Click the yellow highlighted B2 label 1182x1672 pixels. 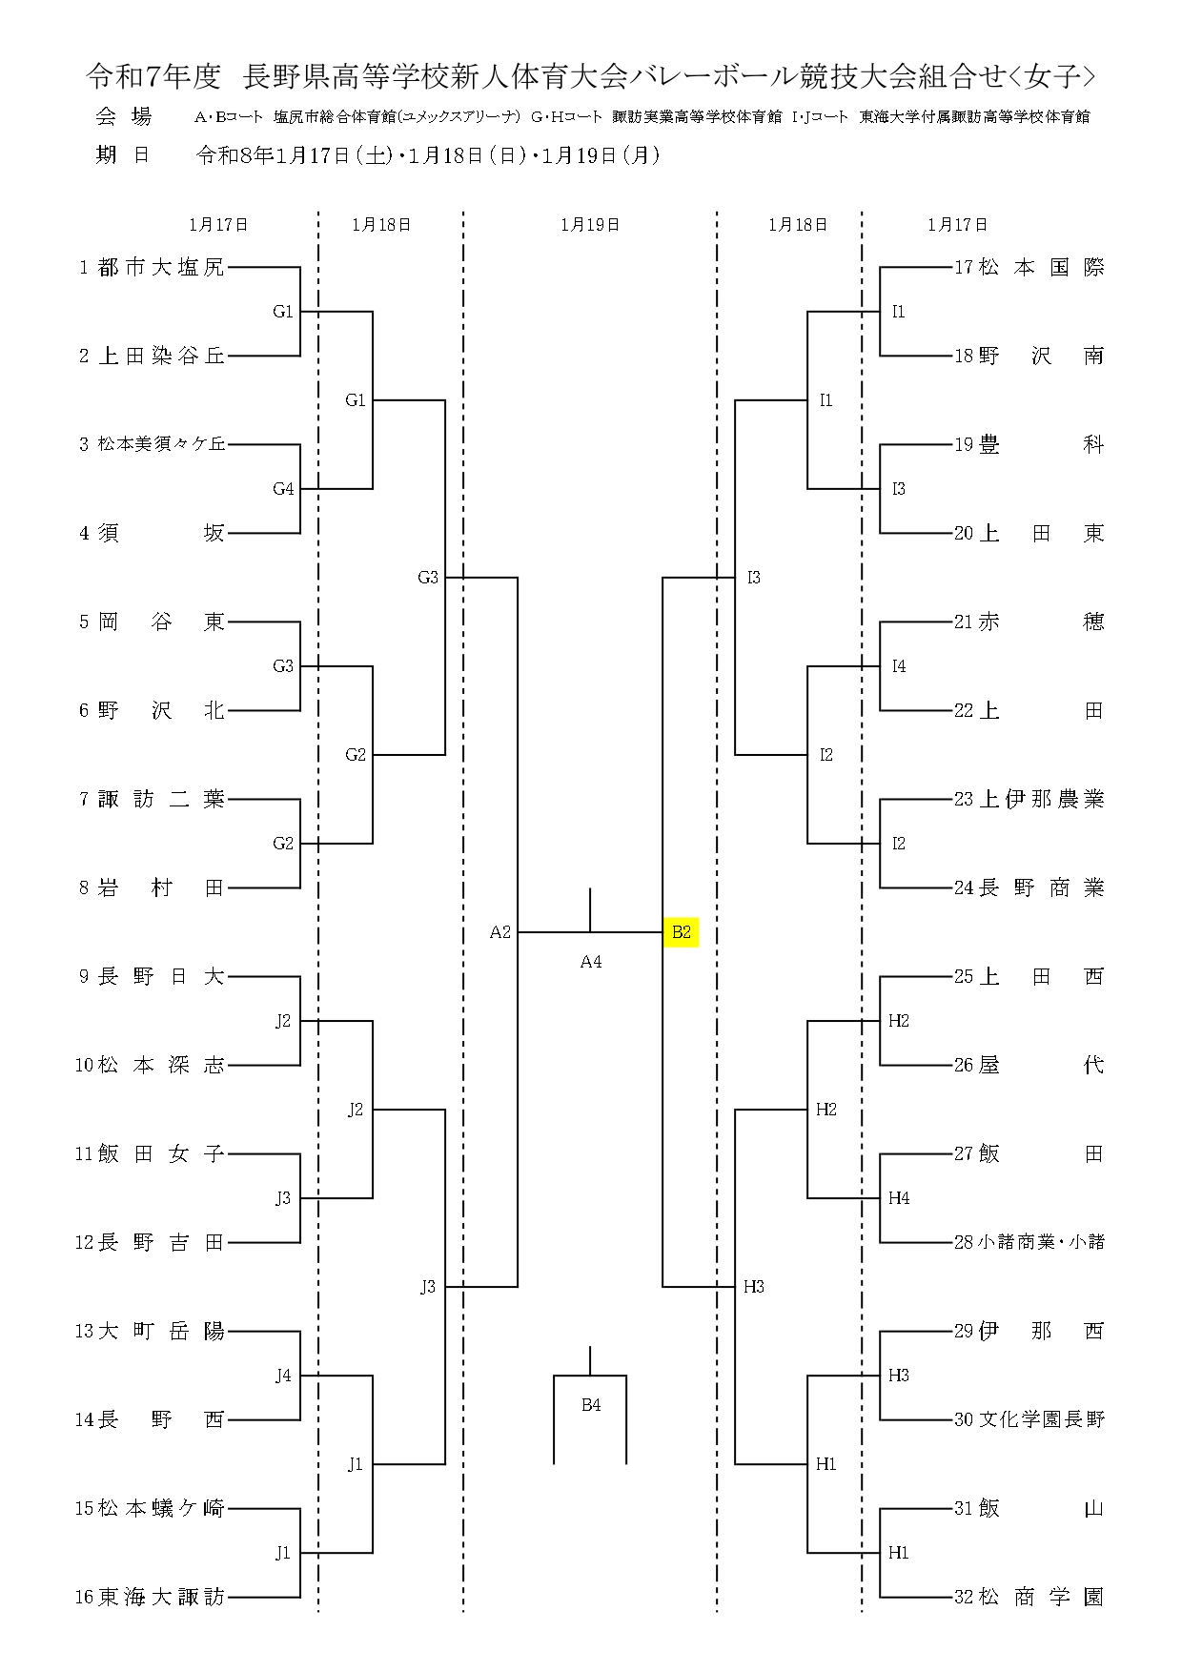(x=681, y=932)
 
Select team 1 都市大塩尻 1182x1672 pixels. (x=153, y=268)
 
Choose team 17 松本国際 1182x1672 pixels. (x=1029, y=268)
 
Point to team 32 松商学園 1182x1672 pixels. (x=1029, y=1597)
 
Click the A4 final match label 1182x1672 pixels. (x=591, y=962)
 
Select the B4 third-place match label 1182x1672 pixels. (x=591, y=1405)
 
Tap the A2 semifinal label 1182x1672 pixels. (x=500, y=932)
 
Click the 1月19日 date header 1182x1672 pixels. (x=590, y=225)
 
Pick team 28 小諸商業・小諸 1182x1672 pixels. (x=1029, y=1242)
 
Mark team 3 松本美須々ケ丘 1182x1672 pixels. (x=153, y=444)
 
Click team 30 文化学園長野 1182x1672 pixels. (x=1029, y=1419)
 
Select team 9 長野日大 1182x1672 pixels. (x=153, y=976)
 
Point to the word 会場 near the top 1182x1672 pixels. (x=124, y=117)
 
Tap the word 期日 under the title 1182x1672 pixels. (x=124, y=155)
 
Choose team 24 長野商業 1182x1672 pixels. (x=1029, y=887)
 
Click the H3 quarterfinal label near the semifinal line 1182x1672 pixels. (x=754, y=1287)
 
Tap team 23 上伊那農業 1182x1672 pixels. (x=1029, y=799)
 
